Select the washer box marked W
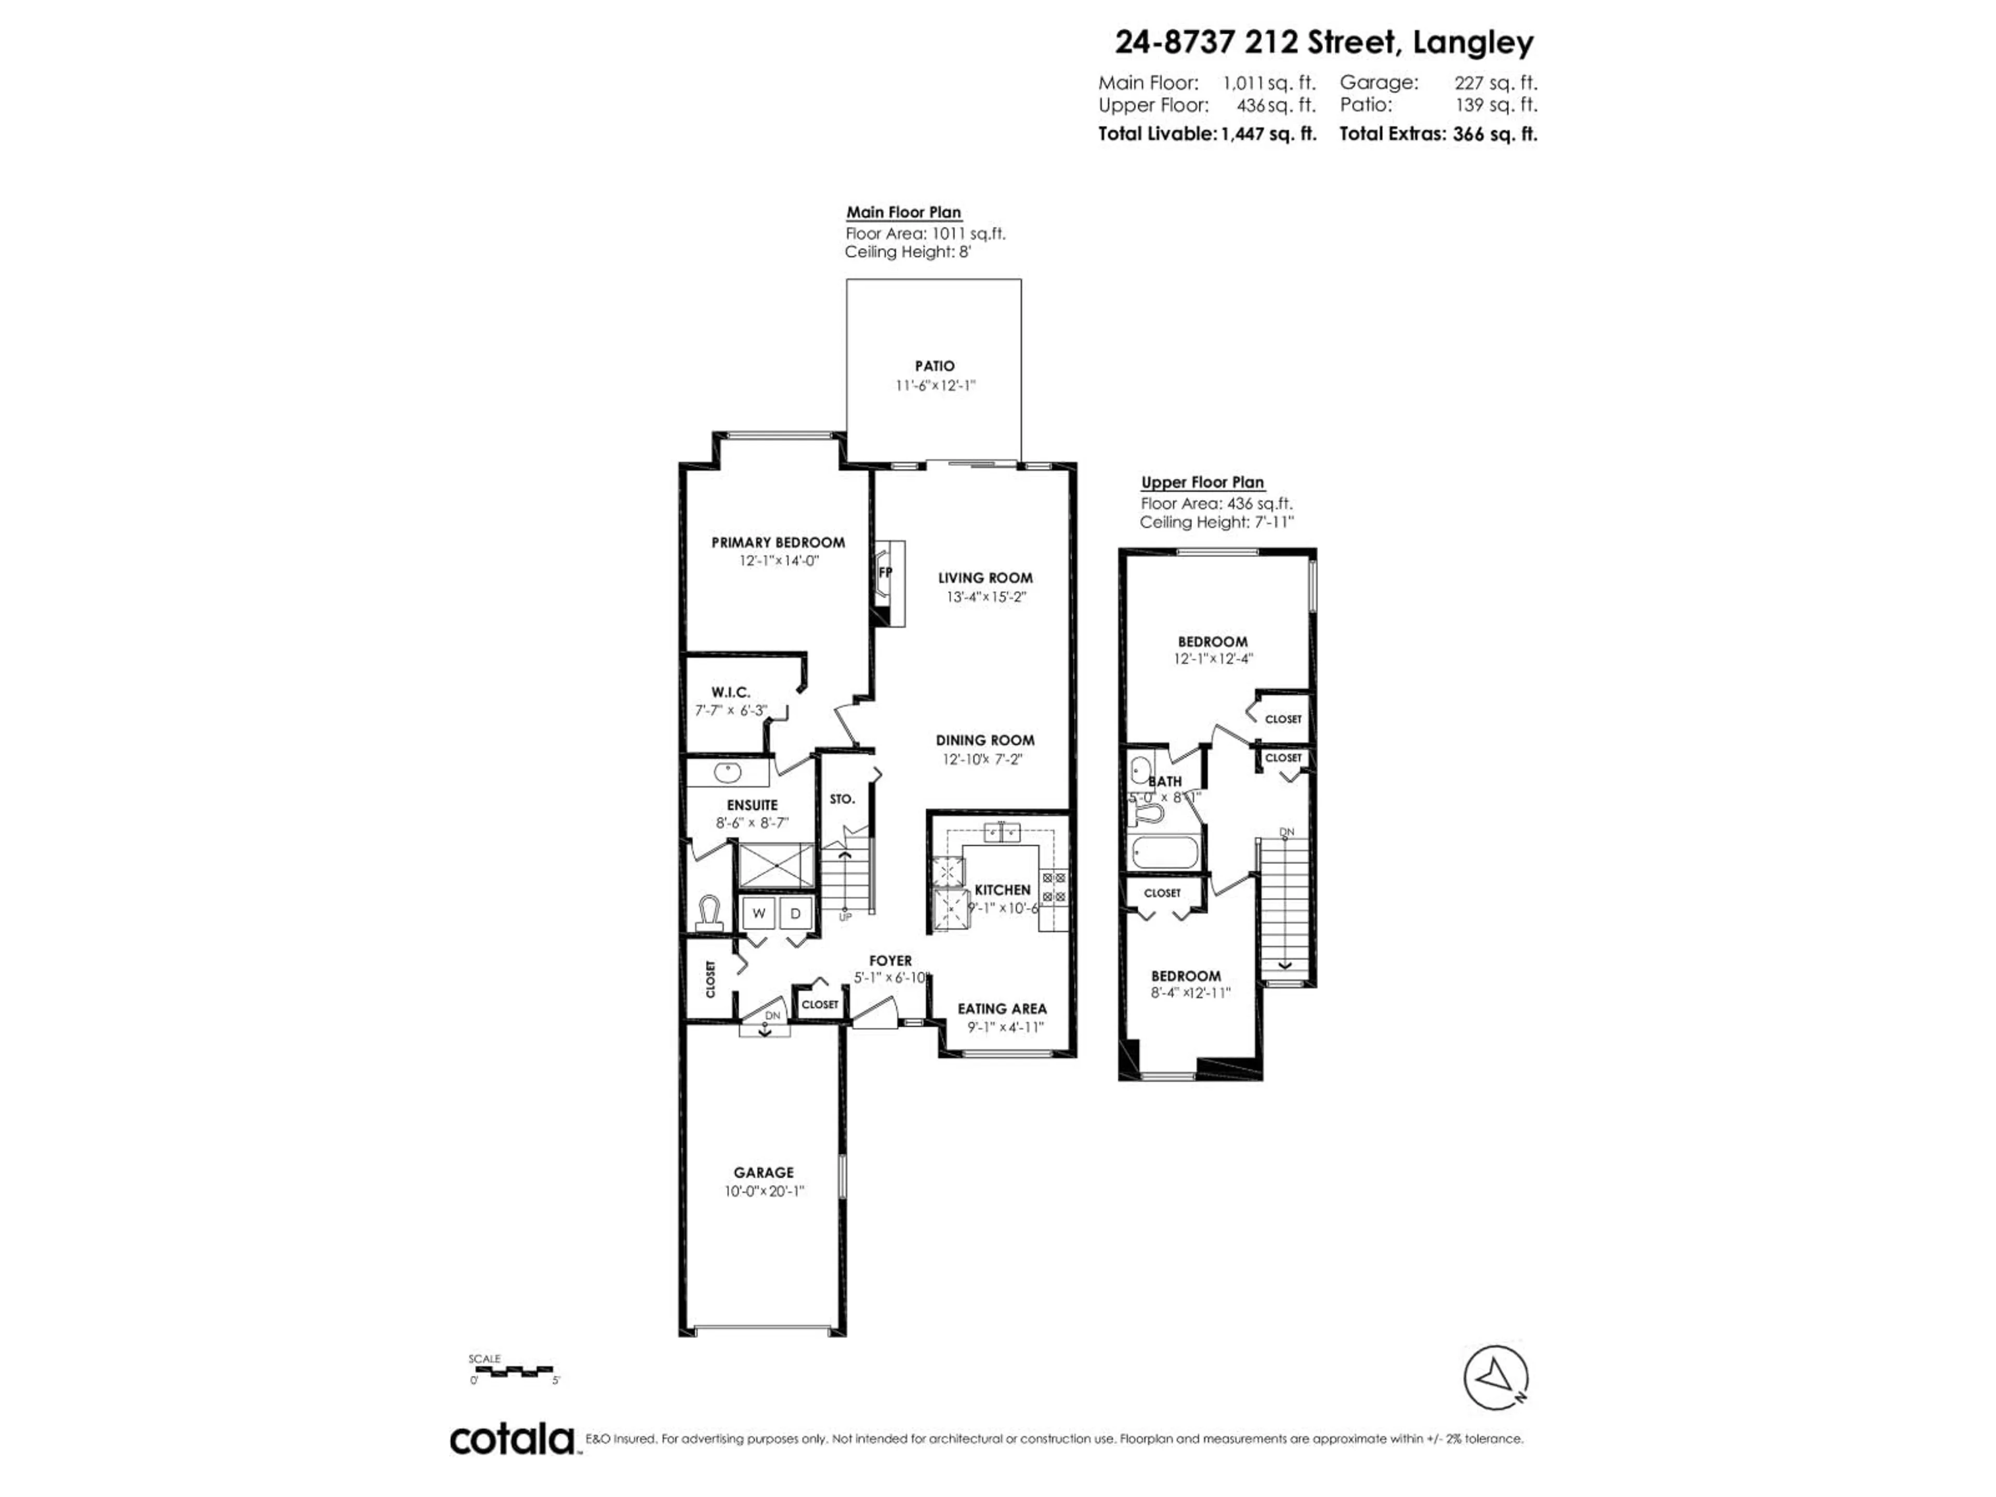tap(759, 913)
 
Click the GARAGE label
tap(764, 1172)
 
